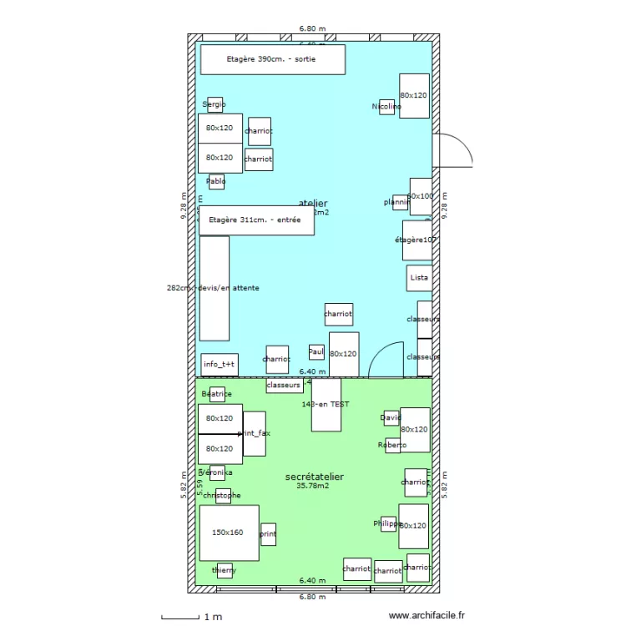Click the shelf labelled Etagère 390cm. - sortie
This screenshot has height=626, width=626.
(272, 59)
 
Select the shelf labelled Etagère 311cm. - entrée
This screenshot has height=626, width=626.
(256, 220)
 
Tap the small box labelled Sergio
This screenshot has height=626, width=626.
(215, 104)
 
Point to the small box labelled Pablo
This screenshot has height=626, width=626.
(215, 182)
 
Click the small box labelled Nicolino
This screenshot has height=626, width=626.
(386, 107)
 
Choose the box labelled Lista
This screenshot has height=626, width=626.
(419, 277)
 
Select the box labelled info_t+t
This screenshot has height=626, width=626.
(220, 365)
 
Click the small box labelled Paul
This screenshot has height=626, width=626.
(316, 352)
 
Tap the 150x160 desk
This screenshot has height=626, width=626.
(229, 533)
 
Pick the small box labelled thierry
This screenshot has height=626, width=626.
(225, 571)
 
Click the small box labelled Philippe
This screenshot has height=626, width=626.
(388, 524)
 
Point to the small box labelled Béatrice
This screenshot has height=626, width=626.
(217, 394)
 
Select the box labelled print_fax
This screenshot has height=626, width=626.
(255, 434)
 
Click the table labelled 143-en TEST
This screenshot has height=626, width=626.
(326, 405)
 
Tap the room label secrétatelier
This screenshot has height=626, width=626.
(315, 477)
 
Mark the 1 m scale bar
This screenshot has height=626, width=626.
(180, 617)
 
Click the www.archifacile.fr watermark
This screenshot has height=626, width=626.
(427, 616)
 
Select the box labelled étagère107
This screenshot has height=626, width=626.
(416, 240)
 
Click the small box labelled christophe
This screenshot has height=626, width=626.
(223, 496)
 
